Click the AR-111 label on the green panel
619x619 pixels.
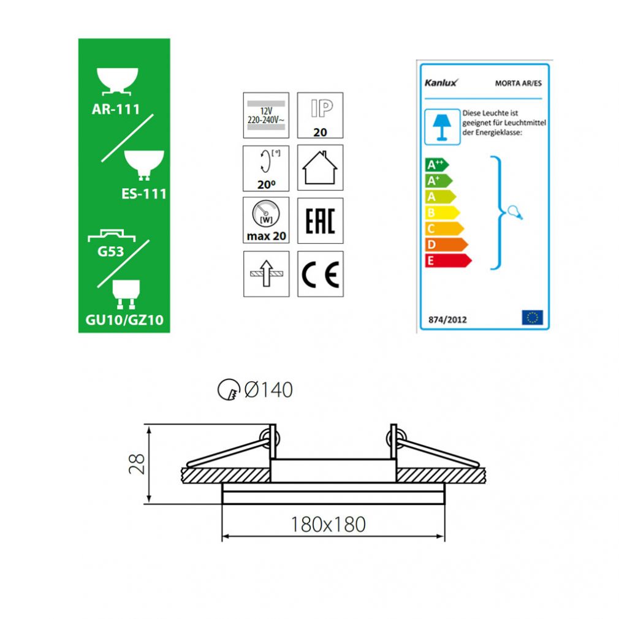116,109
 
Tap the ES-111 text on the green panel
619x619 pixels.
144,194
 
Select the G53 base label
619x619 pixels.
110,251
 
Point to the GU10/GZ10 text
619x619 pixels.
124,320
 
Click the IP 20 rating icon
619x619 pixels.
320,115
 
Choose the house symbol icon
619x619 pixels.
320,168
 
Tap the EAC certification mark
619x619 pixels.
320,221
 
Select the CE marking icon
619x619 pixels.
320,274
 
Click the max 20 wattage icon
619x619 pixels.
266,220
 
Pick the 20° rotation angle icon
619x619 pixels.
266,168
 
